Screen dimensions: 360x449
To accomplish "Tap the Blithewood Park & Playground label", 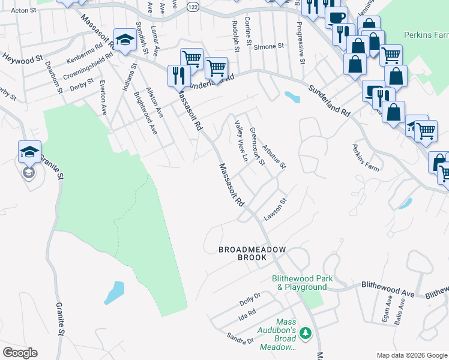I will pyautogui.click(x=299, y=283).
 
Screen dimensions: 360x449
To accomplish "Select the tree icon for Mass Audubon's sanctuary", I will pyautogui.click(x=306, y=332).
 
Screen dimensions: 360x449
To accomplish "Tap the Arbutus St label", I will pyautogui.click(x=274, y=155).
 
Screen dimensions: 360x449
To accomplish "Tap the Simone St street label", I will pyautogui.click(x=268, y=46).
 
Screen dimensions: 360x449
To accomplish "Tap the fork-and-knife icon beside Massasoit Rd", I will pyautogui.click(x=179, y=74).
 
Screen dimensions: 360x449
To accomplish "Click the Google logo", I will pyautogui.click(x=20, y=353).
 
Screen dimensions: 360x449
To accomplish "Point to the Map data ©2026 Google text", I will pyautogui.click(x=411, y=355).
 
